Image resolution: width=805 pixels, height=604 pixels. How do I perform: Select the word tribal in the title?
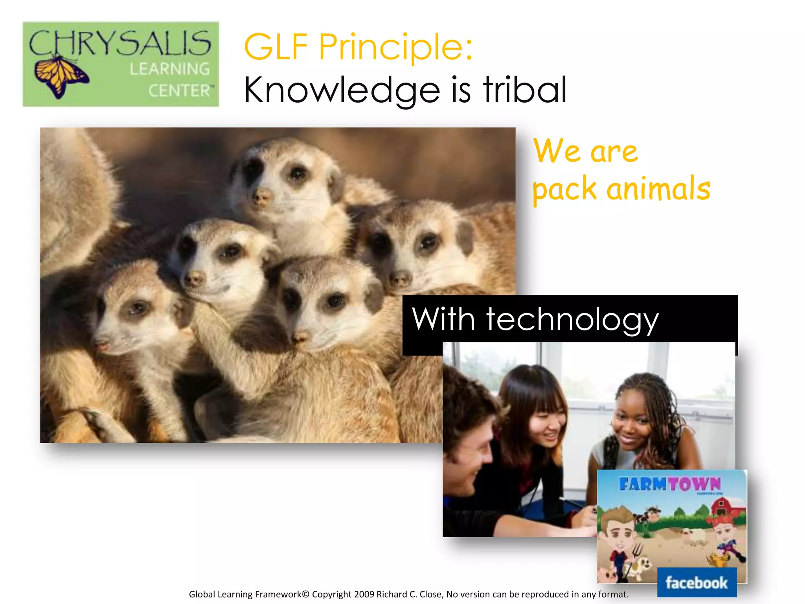click(525, 90)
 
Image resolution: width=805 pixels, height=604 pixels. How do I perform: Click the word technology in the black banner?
click(572, 319)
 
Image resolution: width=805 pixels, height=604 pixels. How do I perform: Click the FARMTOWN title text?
click(670, 484)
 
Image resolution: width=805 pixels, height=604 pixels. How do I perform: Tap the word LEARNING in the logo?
click(170, 69)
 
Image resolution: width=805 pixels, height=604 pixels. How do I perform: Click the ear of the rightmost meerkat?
click(466, 236)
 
